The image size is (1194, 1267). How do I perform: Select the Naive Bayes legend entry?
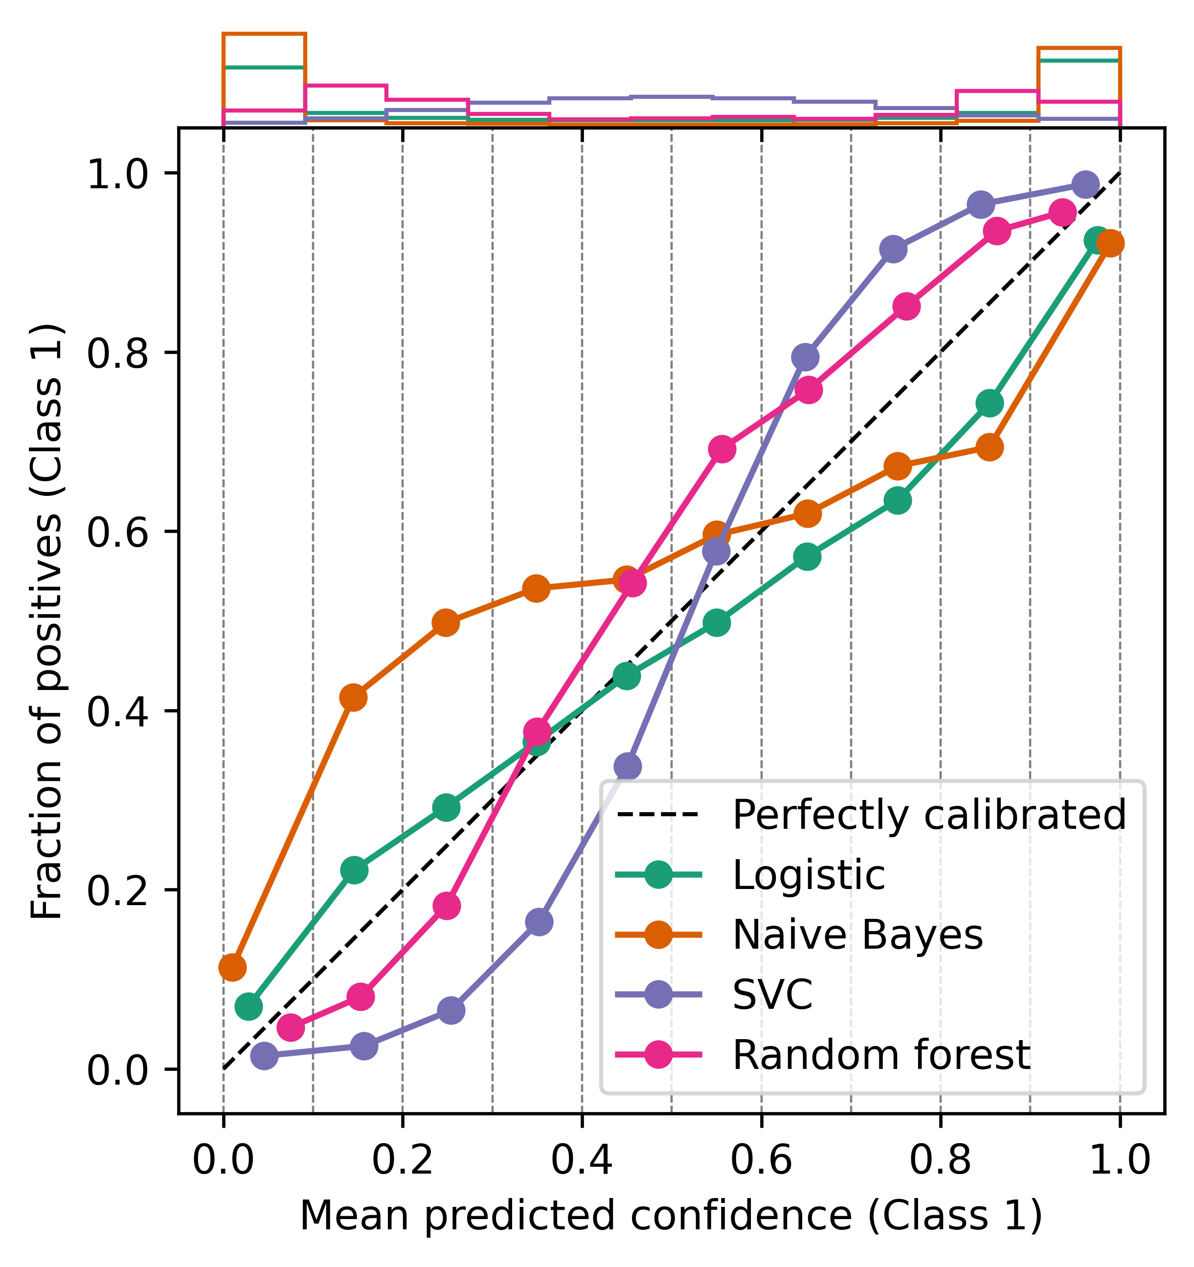(x=857, y=934)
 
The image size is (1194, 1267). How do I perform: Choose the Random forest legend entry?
(x=880, y=1055)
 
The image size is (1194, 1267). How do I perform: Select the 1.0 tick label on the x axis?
(x=1120, y=1160)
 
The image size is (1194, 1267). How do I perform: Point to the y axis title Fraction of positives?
(x=48, y=622)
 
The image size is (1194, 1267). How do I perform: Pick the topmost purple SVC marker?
(x=1085, y=185)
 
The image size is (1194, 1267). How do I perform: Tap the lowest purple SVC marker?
(x=264, y=1056)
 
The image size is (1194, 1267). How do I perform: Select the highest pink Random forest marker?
(x=1062, y=212)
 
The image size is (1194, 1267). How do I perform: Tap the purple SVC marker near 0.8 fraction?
(x=805, y=357)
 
